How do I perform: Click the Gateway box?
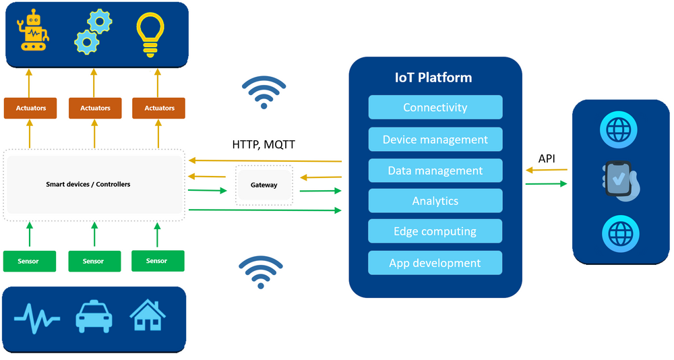click(x=264, y=185)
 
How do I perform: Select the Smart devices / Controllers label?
click(x=88, y=184)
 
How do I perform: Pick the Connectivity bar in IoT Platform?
click(x=435, y=108)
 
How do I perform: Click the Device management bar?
click(x=435, y=140)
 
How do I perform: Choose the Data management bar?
click(x=435, y=171)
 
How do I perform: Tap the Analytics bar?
click(x=435, y=201)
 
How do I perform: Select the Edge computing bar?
click(x=435, y=231)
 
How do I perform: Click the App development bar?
click(x=435, y=263)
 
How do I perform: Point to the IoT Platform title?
click(x=433, y=78)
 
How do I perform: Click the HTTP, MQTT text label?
click(x=264, y=144)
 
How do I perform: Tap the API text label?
click(x=547, y=158)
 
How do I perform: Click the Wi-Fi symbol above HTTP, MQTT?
click(x=264, y=92)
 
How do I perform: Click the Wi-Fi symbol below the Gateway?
click(x=261, y=272)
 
